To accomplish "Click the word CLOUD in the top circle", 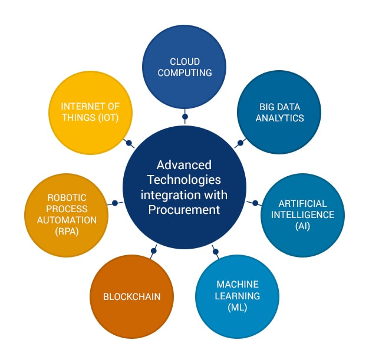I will (185, 61).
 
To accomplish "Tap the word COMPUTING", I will (185, 73).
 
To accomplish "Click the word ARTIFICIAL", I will (302, 203).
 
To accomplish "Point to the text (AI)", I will (302, 226).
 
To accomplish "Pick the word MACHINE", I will (237, 284).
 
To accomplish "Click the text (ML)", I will (237, 308).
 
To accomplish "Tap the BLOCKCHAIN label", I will (131, 296).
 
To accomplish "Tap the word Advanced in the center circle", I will (184, 165).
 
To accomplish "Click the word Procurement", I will (184, 209).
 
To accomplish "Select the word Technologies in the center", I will (184, 180).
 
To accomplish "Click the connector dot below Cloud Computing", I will (185, 117).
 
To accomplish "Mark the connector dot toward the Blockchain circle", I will (153, 251).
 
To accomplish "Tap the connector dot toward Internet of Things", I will (129, 143).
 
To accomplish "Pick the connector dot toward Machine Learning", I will (215, 252).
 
